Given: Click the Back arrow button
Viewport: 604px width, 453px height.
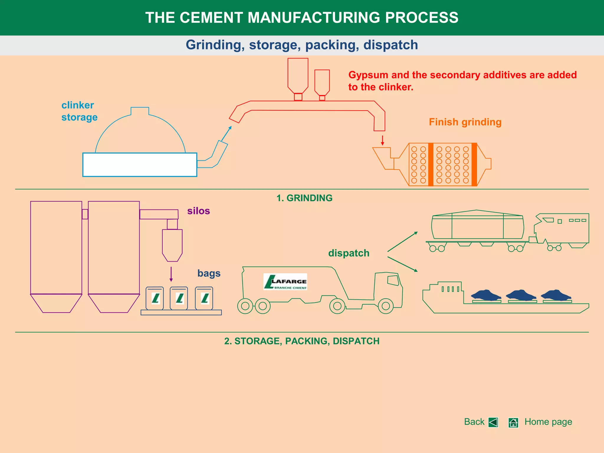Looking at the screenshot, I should click(x=493, y=422).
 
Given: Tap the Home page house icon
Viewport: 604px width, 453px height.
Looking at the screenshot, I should click(x=513, y=423).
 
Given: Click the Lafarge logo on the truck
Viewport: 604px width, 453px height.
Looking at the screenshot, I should click(x=285, y=282).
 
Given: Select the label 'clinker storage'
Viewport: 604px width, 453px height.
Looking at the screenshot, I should click(x=79, y=111).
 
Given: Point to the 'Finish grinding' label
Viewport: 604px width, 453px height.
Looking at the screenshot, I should click(x=465, y=122).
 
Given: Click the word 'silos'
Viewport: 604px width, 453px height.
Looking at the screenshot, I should click(x=198, y=211).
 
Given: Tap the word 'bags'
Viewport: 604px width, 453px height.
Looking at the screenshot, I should click(x=209, y=273).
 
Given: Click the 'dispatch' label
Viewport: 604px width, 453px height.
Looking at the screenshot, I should click(x=349, y=253).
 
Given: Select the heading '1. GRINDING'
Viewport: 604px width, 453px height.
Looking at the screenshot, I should click(x=304, y=198).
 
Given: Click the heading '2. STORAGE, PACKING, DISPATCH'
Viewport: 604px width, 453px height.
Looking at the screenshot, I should click(x=302, y=341).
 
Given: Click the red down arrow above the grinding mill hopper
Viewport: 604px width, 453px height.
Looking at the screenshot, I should click(x=383, y=140).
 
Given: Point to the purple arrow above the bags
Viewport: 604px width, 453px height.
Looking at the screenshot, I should click(x=171, y=274).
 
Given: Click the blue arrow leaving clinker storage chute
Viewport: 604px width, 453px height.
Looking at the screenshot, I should click(x=226, y=134).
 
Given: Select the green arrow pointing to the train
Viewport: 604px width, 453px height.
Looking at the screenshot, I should click(x=403, y=242).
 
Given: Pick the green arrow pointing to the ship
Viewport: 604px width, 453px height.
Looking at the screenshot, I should click(x=403, y=264).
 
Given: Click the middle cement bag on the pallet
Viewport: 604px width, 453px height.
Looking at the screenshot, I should click(x=179, y=298).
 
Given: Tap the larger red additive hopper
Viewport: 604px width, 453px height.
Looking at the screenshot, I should click(x=298, y=75).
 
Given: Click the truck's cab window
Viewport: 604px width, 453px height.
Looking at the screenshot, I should click(x=393, y=280).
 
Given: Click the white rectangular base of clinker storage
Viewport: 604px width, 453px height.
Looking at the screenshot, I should click(x=139, y=165).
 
